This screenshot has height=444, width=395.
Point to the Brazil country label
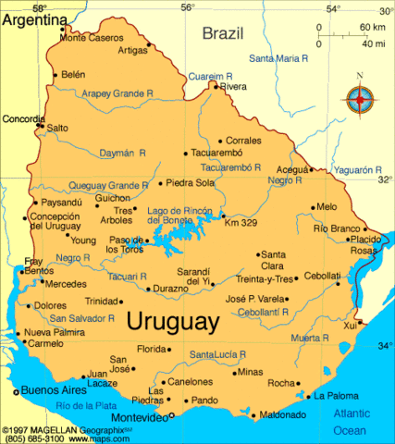pos(223,33)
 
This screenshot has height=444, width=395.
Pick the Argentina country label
pos(34,19)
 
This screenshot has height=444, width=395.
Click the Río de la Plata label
pos(88,406)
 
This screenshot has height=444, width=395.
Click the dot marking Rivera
pos(216,86)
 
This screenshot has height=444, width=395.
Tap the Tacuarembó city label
pos(221,153)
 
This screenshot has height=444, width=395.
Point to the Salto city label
pos(57,128)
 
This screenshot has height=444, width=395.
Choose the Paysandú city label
pos(62,202)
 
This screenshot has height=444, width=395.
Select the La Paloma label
pos(334,395)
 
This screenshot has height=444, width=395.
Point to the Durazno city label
pos(170,289)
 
